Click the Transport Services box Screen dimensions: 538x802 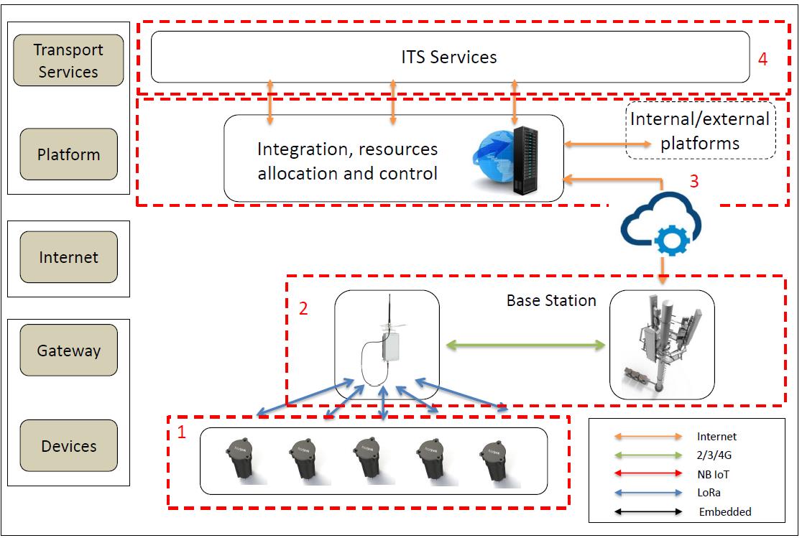point(68,60)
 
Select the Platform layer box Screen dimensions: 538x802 point(68,154)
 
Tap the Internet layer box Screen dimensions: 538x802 point(68,257)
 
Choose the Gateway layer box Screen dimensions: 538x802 point(68,351)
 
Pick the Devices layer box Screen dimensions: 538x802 point(68,446)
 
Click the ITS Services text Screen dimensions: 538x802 point(449,57)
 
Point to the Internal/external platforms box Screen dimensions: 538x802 point(700,131)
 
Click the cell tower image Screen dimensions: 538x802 point(662,345)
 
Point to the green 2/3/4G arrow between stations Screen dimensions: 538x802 point(525,345)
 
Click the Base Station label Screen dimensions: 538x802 point(551,300)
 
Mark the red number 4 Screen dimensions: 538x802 point(762,59)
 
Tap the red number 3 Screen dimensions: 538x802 point(693,181)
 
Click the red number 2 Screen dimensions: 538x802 point(303,309)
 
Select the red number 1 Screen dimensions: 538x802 point(182,432)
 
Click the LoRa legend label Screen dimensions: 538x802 point(709,493)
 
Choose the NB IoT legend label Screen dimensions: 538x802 point(713,473)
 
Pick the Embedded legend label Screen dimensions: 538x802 point(724,512)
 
